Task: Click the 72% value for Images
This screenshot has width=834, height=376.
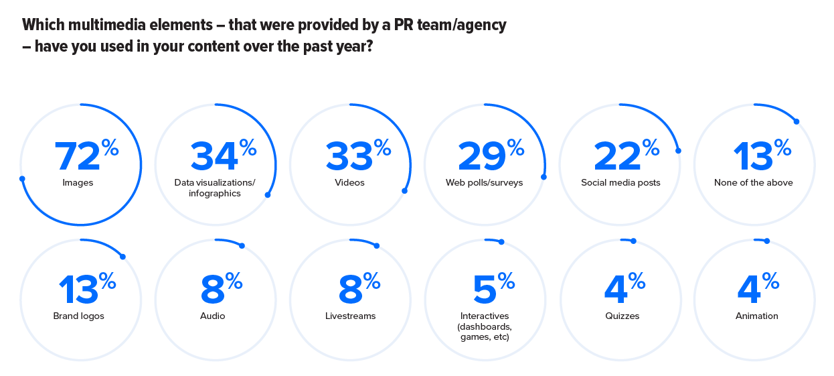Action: tap(86, 156)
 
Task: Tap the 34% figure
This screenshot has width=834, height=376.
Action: tap(223, 156)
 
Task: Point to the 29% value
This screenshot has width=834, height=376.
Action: tap(491, 156)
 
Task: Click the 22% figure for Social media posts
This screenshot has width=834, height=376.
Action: tap(627, 156)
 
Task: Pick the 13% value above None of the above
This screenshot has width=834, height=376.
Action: tap(762, 156)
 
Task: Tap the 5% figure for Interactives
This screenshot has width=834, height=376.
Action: tap(493, 290)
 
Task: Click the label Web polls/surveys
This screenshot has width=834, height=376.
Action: tap(485, 182)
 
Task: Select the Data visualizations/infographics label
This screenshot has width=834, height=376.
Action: tap(215, 188)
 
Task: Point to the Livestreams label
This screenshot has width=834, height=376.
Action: tap(350, 316)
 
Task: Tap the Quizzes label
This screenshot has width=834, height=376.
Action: tap(621, 316)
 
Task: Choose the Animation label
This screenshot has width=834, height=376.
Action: tap(757, 316)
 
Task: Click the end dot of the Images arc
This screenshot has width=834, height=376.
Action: tap(22, 178)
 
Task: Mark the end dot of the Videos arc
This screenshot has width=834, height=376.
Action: tap(404, 191)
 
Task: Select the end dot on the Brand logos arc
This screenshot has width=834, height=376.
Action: tap(123, 255)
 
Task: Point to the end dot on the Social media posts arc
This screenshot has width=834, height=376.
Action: tap(678, 151)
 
